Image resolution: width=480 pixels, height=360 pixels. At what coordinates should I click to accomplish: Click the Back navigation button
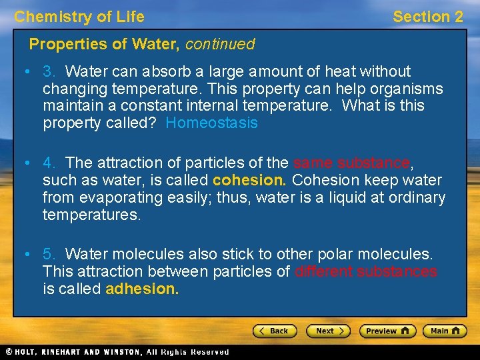click(273, 331)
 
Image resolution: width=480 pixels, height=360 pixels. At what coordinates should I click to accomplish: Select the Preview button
click(387, 331)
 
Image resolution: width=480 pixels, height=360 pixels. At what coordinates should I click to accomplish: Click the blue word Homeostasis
click(211, 123)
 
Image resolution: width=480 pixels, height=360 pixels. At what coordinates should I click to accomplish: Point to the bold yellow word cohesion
click(250, 181)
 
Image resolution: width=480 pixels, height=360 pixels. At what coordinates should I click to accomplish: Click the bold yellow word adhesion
click(142, 289)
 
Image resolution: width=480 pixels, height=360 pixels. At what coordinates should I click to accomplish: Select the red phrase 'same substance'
click(351, 163)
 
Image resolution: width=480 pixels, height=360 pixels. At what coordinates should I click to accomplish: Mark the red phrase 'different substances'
click(365, 272)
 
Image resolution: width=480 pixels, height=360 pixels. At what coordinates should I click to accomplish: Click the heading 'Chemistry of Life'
click(79, 17)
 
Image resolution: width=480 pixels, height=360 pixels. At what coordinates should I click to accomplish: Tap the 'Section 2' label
click(427, 17)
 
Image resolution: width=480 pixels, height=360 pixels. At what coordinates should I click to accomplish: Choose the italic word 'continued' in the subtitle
click(220, 45)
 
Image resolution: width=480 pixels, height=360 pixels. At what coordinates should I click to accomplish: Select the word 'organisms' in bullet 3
click(408, 89)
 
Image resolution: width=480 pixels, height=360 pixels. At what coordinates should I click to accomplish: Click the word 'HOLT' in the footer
click(28, 352)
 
